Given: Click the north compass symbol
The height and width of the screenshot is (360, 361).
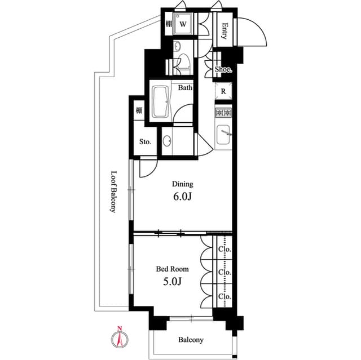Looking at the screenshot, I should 119,339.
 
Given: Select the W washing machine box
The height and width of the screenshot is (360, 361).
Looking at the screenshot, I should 183,24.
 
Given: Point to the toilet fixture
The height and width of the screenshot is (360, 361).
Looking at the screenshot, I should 182,63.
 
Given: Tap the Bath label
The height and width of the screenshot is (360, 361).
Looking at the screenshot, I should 185,88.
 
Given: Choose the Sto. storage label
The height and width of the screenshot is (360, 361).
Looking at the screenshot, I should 145,142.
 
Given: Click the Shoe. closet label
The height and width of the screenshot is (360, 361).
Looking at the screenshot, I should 223,69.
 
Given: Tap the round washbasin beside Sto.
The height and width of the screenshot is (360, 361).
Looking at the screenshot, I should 168,140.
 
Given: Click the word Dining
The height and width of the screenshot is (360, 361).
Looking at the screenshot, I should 182,184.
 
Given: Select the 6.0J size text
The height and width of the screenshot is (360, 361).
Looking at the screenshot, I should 182,198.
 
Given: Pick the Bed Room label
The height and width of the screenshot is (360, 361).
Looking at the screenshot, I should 172,269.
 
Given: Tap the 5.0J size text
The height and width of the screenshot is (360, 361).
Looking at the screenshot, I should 172,282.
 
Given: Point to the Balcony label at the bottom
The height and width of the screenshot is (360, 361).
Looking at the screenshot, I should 191,340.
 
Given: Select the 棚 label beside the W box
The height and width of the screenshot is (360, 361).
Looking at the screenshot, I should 168,24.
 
